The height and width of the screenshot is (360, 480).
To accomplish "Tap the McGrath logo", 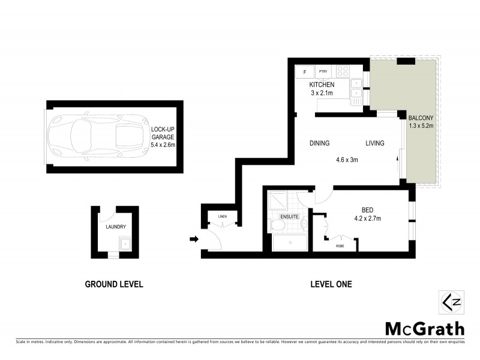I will click(x=424, y=329).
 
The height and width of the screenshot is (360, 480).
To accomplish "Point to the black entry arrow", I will click(x=193, y=239).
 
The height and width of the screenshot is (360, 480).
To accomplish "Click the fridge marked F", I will click(x=305, y=72).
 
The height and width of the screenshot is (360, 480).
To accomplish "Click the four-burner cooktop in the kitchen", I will click(x=343, y=71).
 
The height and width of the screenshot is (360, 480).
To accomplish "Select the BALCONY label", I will click(x=420, y=118).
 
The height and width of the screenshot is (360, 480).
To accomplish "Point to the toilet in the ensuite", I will click(x=278, y=226).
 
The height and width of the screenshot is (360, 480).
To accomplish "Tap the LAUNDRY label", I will click(x=115, y=227).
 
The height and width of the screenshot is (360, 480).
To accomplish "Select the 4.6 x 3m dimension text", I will click(x=346, y=160).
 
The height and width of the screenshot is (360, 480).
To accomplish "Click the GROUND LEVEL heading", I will click(x=114, y=284).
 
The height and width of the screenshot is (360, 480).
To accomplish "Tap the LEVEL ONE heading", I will click(x=331, y=284).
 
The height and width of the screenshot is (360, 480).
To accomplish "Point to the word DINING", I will click(x=319, y=143).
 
